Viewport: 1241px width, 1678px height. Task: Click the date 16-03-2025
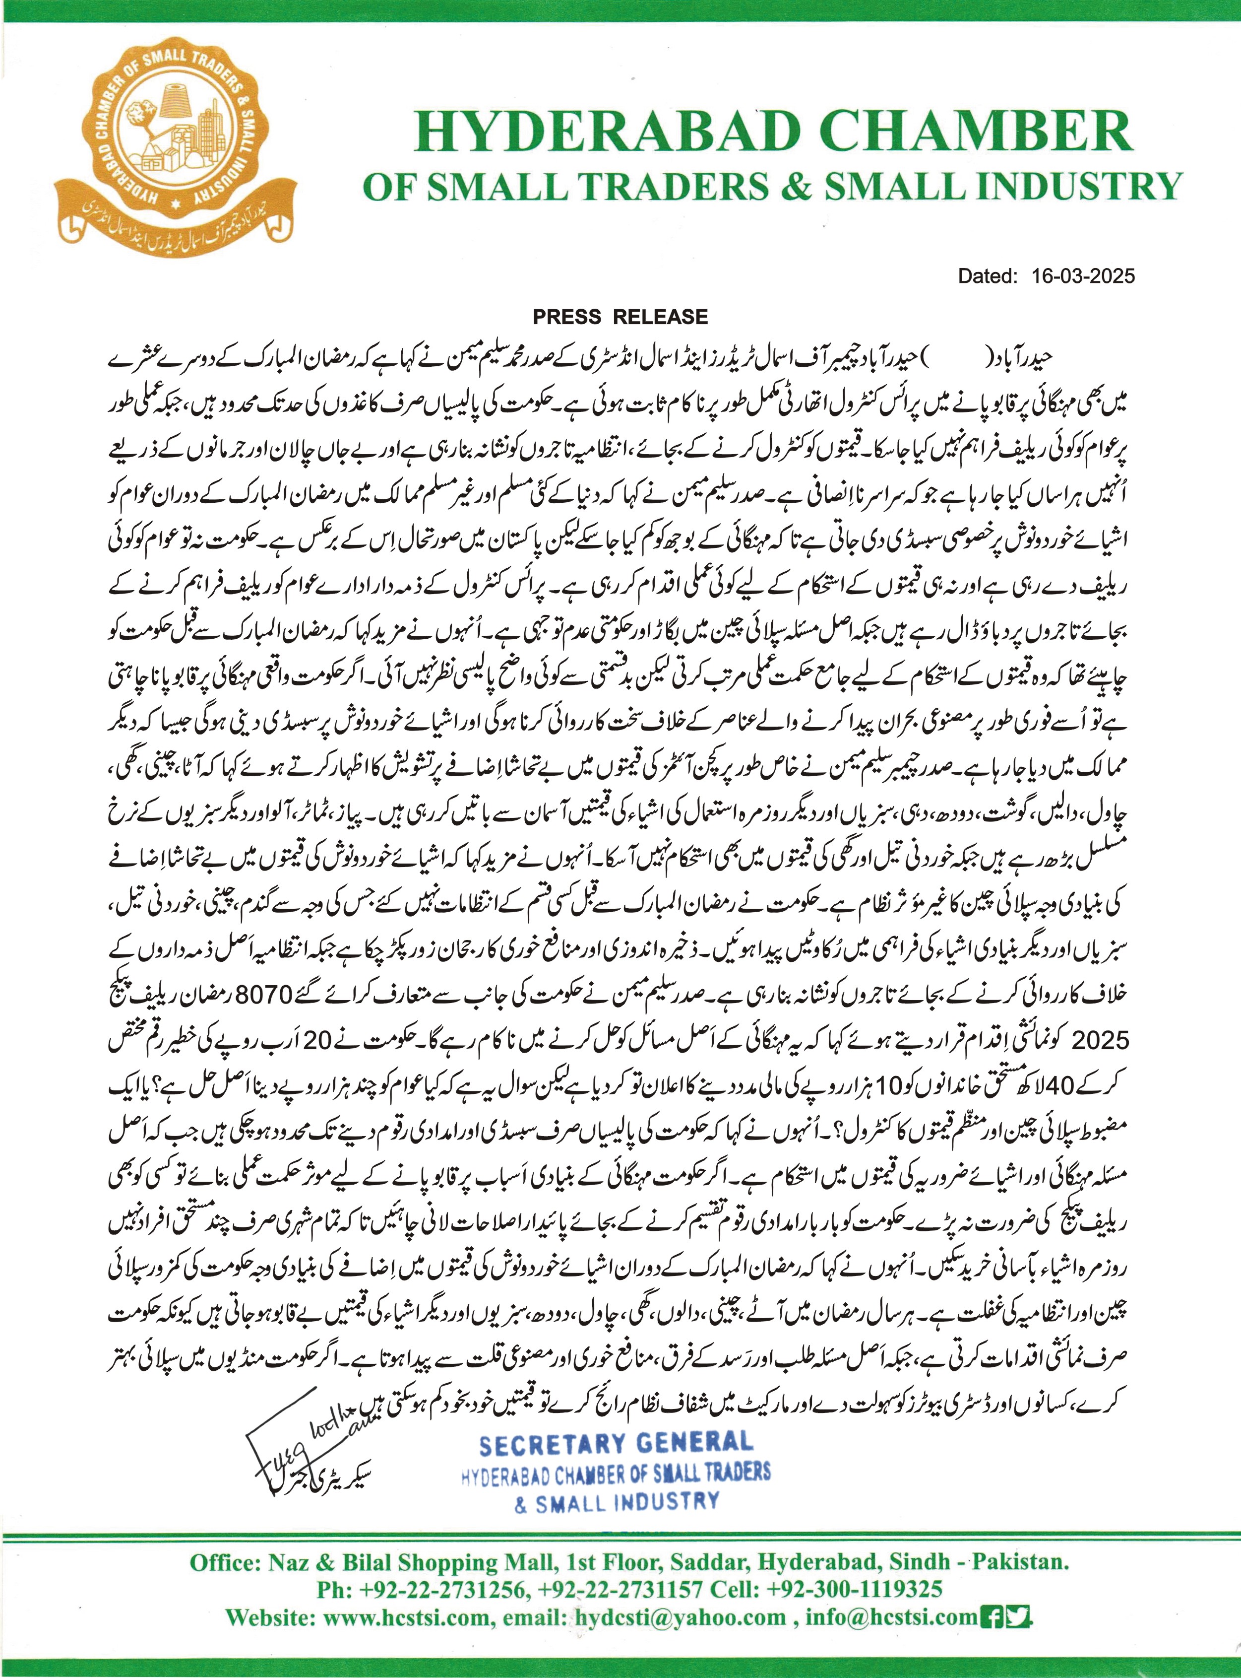coord(1082,276)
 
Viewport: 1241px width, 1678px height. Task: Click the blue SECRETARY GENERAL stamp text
coord(615,1443)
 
